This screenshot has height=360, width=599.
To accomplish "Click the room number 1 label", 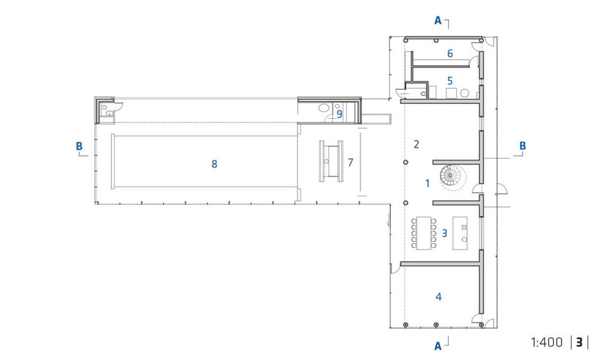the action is [x=428, y=184].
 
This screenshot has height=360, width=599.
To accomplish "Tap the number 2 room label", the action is [x=416, y=144].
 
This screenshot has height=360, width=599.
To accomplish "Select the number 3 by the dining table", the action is [x=444, y=233].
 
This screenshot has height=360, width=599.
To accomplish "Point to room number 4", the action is [x=439, y=297].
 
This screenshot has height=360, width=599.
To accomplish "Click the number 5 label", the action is [x=450, y=81].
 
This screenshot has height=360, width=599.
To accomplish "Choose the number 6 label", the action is [x=450, y=54].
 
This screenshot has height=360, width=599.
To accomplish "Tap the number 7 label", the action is [x=350, y=162].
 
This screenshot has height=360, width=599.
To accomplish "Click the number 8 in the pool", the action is [x=214, y=164].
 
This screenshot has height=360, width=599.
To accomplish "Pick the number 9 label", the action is [x=339, y=114].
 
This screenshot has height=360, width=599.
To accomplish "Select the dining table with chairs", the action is [x=424, y=233].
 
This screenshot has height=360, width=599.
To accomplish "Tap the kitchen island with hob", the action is [x=460, y=233].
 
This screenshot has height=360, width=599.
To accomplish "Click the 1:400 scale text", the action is [x=547, y=342].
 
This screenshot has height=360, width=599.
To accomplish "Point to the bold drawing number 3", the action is [x=579, y=342].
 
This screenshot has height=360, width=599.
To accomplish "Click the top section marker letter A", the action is [x=438, y=21].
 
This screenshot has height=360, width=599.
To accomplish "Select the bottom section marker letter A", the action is [x=438, y=346].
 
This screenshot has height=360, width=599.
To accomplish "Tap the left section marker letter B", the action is [x=79, y=147].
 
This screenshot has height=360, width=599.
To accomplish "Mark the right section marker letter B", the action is [x=522, y=146].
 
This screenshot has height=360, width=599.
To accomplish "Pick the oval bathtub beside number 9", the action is [x=324, y=108].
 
